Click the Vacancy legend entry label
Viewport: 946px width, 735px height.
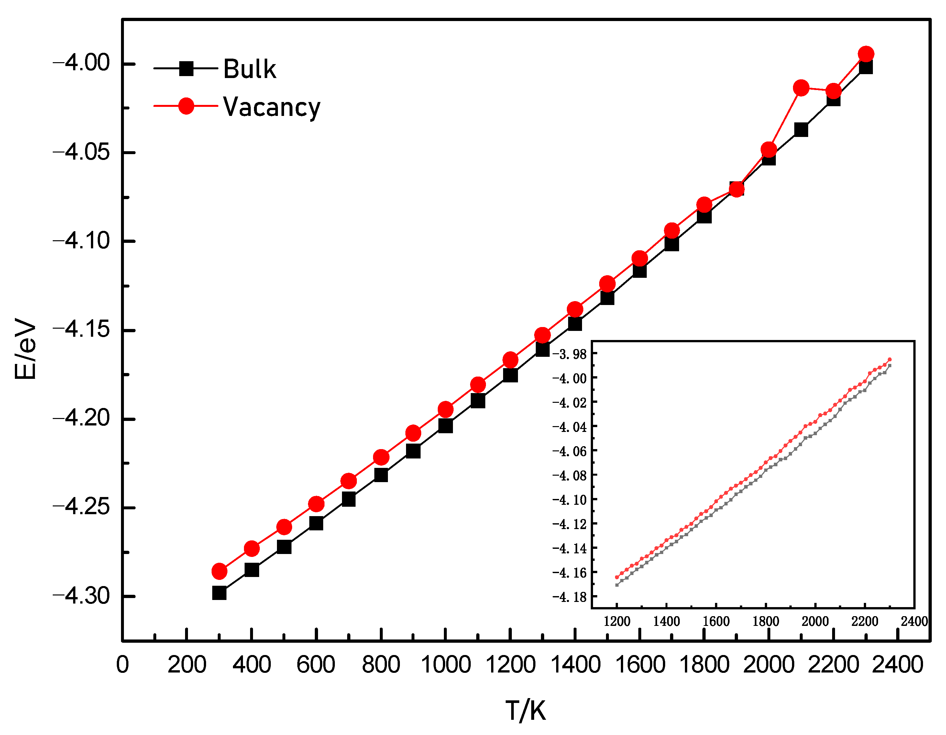tap(271, 107)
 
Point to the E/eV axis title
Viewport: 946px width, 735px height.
tap(25, 349)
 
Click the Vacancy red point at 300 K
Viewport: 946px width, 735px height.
tap(219, 571)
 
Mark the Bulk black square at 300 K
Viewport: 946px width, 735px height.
tap(219, 593)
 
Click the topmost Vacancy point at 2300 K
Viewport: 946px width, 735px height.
tap(866, 54)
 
